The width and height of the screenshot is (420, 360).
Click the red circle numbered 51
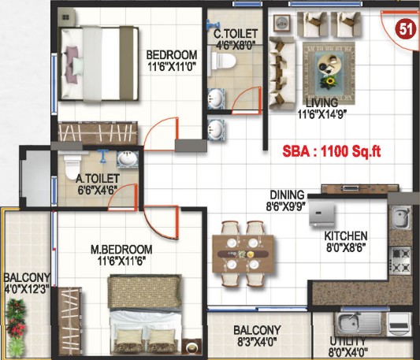(x=406, y=29)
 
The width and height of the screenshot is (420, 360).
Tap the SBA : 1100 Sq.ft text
(x=332, y=151)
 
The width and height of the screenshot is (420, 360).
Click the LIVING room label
(x=322, y=103)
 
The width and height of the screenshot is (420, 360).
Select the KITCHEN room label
(x=346, y=236)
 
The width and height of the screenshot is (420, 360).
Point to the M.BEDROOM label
(x=121, y=250)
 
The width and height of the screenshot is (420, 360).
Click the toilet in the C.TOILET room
(x=223, y=61)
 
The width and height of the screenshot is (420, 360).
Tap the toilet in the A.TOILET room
(x=72, y=166)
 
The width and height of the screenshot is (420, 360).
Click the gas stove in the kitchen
(x=400, y=261)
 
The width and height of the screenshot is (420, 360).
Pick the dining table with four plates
(x=243, y=254)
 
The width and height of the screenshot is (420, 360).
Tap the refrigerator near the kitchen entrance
(x=322, y=215)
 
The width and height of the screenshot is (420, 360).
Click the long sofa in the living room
(x=282, y=73)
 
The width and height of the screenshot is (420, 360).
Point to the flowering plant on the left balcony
(x=16, y=319)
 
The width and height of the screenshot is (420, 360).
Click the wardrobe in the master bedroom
(x=69, y=321)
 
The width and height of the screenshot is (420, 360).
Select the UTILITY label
(x=348, y=341)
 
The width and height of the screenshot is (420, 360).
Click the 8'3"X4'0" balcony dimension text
(x=257, y=342)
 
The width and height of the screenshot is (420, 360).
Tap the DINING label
(x=287, y=195)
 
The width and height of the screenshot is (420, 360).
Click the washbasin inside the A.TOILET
(x=128, y=159)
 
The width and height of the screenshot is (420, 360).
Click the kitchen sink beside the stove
(x=401, y=217)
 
